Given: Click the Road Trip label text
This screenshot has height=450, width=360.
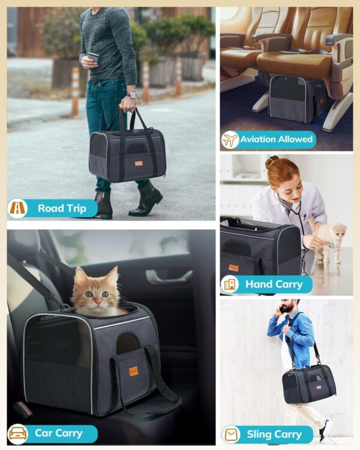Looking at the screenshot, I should (62, 208).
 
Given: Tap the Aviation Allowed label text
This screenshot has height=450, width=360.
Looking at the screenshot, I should (277, 139).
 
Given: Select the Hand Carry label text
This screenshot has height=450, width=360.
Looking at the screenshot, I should (274, 284).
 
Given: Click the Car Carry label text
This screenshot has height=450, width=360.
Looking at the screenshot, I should (58, 433).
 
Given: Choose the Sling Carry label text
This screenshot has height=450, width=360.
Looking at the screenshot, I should (274, 434).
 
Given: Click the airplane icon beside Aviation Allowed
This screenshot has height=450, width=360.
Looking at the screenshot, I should (230, 140).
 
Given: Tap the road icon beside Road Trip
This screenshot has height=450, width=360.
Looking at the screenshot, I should (17, 208).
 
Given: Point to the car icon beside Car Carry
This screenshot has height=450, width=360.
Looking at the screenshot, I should (17, 433).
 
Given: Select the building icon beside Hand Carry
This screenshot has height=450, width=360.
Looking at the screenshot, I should (230, 284).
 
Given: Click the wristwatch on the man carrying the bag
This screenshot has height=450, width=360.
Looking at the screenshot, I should (132, 94).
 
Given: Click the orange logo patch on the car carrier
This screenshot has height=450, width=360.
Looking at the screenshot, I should (133, 371).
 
